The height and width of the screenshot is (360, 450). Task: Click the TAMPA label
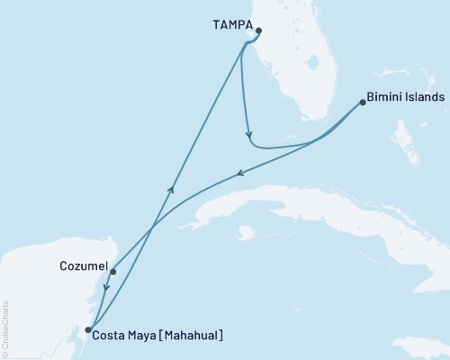232,28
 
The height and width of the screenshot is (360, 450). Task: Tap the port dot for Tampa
258,31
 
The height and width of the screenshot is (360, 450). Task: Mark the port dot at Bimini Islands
362,101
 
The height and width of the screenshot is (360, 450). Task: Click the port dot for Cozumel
112,269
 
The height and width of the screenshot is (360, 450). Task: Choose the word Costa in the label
110,335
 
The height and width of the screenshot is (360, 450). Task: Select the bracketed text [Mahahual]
193,335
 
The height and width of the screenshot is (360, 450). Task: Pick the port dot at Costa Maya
87,330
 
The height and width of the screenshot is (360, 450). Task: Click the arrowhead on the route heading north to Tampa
172,186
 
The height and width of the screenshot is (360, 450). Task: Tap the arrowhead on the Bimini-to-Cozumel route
238,175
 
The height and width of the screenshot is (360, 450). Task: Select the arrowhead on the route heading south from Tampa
248,137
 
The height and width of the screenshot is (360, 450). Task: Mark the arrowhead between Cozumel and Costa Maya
106,289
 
